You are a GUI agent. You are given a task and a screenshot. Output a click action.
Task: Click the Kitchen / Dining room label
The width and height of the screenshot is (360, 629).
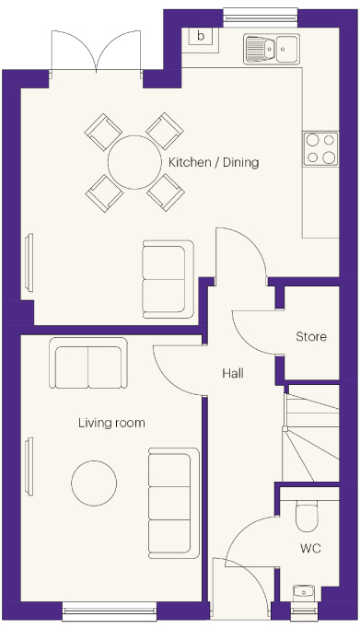point(214,162)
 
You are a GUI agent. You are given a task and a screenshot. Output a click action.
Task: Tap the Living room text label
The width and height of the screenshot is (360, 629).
point(111,423)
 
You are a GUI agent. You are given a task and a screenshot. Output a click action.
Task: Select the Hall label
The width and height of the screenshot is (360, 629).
point(233,374)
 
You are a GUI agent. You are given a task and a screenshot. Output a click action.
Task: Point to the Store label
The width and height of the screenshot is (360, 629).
point(311,336)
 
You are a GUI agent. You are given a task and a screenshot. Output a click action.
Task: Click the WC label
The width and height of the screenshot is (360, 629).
point(310,548)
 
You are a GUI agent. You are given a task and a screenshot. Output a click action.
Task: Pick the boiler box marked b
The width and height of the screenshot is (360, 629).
point(201,36)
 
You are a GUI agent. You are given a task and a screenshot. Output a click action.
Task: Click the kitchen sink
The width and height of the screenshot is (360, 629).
point(271,49)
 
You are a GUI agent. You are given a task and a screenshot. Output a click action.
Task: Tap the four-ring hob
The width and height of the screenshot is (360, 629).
point(320,148)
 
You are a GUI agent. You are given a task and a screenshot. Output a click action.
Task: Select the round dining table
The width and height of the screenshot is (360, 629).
point(134,162)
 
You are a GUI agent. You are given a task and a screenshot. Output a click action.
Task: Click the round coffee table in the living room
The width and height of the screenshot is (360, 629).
point(94,483)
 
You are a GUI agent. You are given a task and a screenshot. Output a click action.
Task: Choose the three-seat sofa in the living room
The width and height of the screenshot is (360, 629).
point(174,503)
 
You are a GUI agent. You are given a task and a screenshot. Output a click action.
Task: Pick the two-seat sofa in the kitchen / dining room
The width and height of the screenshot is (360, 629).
point(168,279)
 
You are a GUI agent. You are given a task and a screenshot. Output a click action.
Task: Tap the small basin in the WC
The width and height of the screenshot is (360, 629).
point(304,591)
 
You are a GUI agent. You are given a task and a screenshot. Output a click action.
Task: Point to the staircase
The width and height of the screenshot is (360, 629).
point(311,433)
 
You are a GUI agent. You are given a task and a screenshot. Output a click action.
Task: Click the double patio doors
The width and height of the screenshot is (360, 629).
point(96,52)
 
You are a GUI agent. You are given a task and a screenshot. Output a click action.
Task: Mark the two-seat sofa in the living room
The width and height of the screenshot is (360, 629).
point(88,363)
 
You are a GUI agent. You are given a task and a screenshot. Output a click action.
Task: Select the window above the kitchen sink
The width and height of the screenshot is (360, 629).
point(261,18)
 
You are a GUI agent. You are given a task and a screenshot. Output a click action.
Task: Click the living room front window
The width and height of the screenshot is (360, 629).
point(109,611)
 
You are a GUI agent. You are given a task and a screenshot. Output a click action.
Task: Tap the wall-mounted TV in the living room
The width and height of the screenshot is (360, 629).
point(29,467)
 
